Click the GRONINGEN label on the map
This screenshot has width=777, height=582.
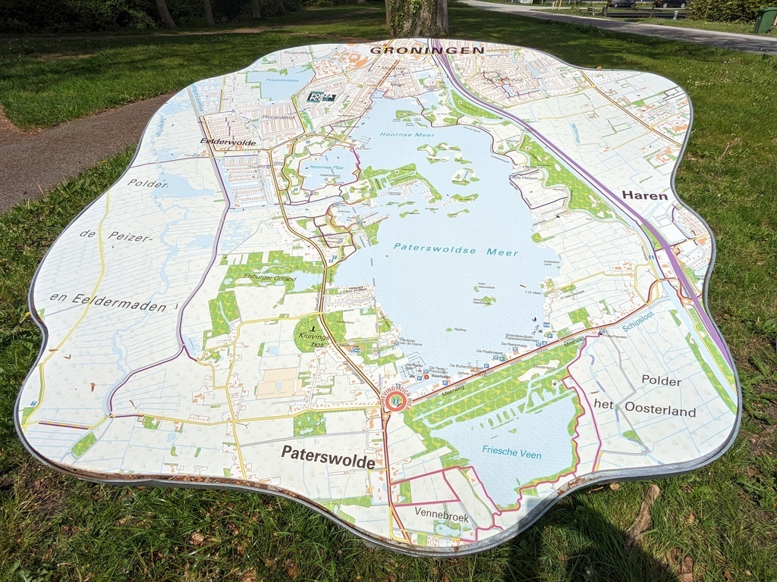(x=426, y=50)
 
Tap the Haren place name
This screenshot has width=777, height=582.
(x=644, y=196)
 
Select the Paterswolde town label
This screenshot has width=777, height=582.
(x=328, y=456)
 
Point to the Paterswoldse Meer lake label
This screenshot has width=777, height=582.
(x=456, y=249)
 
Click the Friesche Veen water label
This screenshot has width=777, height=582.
(x=511, y=452)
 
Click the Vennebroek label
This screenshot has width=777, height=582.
(x=441, y=515)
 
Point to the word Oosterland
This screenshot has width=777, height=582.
(x=659, y=411)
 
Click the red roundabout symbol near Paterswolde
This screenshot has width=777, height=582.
(x=395, y=400)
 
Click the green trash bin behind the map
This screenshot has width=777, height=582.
(x=764, y=20)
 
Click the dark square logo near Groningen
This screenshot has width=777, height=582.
(x=320, y=97)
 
